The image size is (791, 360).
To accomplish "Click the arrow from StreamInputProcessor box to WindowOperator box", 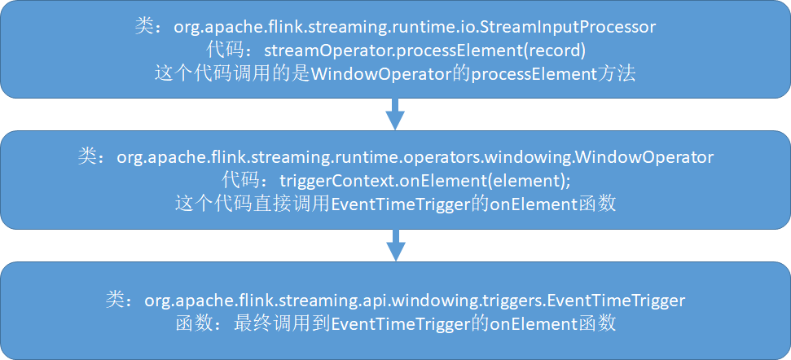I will tap(395, 113).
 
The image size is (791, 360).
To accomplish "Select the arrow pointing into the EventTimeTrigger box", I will tap(395, 244).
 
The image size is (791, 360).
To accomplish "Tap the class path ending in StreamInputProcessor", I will tap(415, 27).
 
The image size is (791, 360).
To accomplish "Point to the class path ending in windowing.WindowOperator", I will tap(416, 157).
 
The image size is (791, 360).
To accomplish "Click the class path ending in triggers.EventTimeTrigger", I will tap(415, 301).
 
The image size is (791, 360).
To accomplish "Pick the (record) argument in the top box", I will tap(556, 50).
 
